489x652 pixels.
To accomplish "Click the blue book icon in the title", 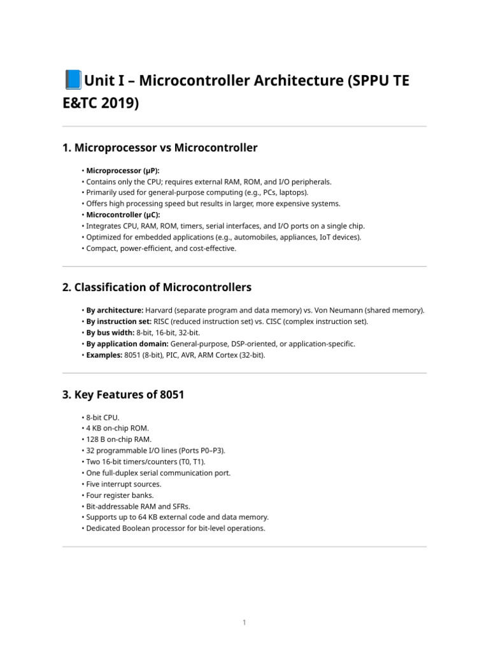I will (73, 81).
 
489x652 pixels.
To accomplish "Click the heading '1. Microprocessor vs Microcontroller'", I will (160, 148).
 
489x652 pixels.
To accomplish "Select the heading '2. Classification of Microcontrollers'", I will (157, 288).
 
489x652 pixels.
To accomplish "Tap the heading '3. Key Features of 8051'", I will (123, 395).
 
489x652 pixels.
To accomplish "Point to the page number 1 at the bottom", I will (244, 623).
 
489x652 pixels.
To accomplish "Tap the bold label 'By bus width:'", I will (110, 332).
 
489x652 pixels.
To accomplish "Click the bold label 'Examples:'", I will (105, 355).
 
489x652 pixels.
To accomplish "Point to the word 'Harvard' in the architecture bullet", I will (160, 310).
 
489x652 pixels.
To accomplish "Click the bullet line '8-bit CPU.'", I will (103, 418).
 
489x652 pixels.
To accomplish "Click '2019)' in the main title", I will (118, 102).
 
